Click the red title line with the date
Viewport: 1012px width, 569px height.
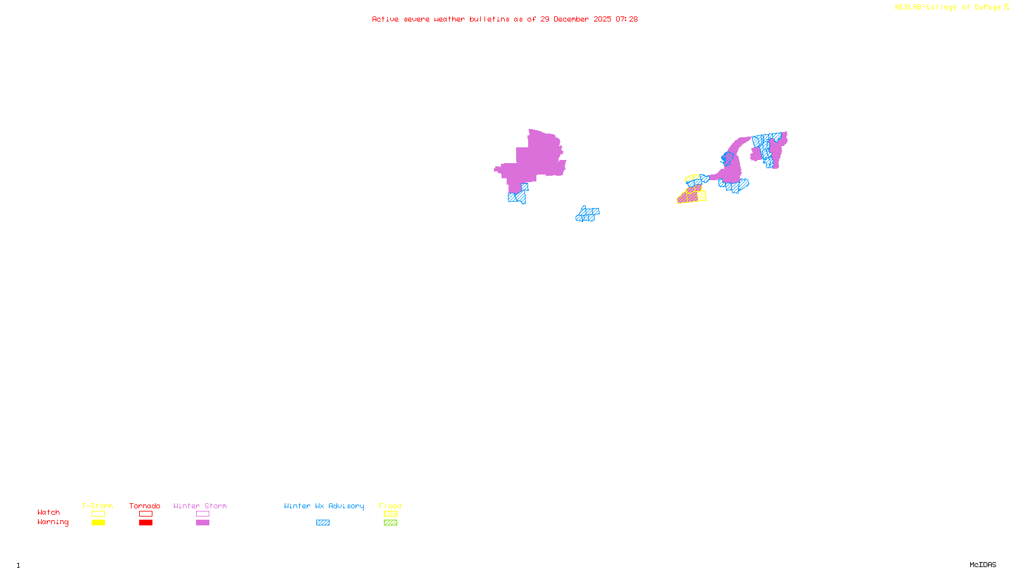click(504, 19)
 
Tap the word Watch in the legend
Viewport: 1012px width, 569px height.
click(49, 512)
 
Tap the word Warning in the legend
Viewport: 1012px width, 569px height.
click(52, 522)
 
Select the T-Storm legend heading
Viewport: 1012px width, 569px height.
click(97, 506)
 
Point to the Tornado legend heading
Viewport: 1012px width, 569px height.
click(145, 506)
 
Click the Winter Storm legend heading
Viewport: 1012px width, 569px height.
click(200, 506)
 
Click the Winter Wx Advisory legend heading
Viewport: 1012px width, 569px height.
click(324, 506)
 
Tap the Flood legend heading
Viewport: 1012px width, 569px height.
click(390, 506)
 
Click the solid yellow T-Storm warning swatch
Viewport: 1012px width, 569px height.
click(98, 523)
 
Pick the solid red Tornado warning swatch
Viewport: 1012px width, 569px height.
click(146, 523)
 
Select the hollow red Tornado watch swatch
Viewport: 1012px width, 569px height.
click(146, 514)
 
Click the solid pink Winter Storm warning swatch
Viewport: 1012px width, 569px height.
click(202, 523)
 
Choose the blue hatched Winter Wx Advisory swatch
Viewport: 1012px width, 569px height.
click(323, 523)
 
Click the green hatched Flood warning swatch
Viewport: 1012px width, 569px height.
click(390, 523)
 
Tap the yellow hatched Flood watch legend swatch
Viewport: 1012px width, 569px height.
click(390, 514)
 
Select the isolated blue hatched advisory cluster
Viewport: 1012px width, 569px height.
click(588, 214)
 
